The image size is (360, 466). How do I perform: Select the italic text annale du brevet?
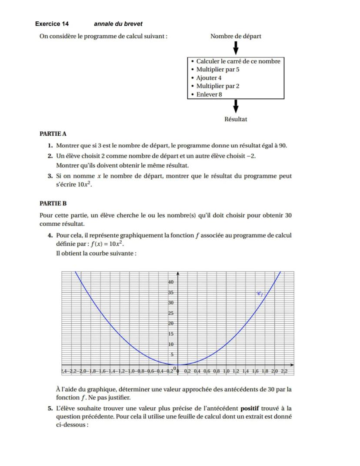pyautogui.click(x=118, y=24)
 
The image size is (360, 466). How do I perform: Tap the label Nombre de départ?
pyautogui.click(x=236, y=36)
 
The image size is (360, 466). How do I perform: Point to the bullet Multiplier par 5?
pyautogui.click(x=218, y=70)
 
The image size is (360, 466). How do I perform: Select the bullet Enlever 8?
pyautogui.click(x=209, y=94)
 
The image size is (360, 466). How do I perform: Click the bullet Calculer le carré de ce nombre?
pyautogui.click(x=238, y=61)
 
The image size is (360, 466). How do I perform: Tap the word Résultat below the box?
pyautogui.click(x=236, y=119)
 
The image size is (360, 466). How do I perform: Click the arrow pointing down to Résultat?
pyautogui.click(x=236, y=106)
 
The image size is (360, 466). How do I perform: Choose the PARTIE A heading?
pyautogui.click(x=53, y=134)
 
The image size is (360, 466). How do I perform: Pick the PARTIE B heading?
pyautogui.click(x=53, y=203)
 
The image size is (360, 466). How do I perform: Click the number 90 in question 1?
pyautogui.click(x=282, y=145)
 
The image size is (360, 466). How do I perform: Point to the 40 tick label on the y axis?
pyautogui.click(x=171, y=282)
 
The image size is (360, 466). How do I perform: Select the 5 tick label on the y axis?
pyautogui.click(x=172, y=355)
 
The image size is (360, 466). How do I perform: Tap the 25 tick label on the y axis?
pyautogui.click(x=171, y=313)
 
